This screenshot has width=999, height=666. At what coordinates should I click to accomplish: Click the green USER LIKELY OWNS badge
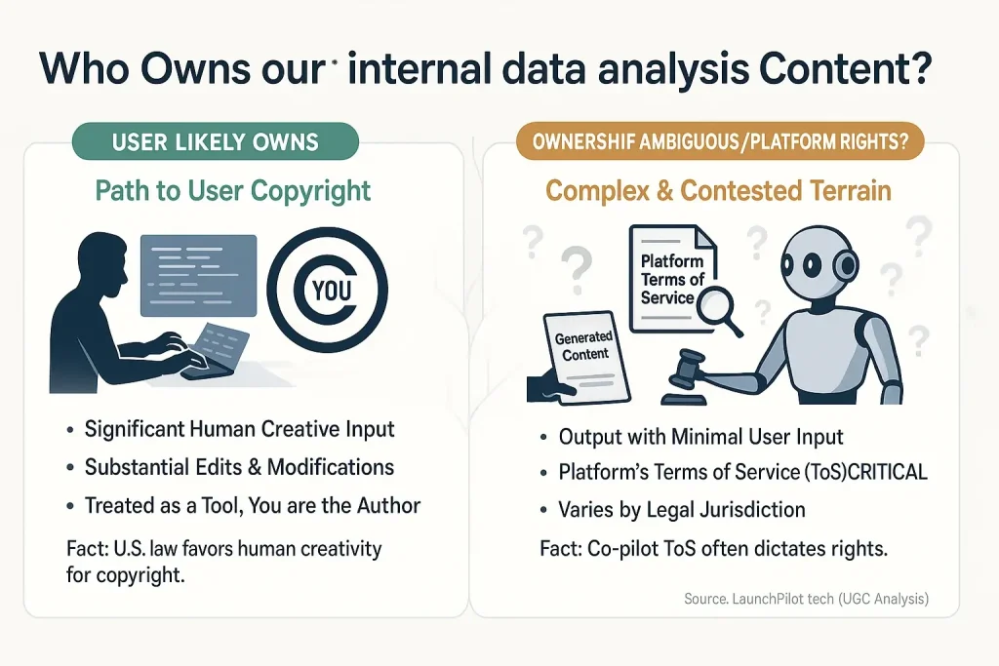click(215, 142)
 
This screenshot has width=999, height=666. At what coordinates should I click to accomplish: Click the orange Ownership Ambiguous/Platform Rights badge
click(719, 142)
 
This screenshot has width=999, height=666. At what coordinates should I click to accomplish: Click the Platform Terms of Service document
click(672, 278)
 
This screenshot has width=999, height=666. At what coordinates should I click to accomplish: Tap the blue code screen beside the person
click(199, 274)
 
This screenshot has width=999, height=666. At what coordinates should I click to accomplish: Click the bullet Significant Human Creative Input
click(239, 429)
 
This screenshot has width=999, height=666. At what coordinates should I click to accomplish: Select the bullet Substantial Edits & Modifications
click(239, 467)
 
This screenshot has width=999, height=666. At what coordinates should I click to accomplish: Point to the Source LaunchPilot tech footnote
click(806, 599)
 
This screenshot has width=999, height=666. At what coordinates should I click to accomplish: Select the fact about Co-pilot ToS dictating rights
click(713, 549)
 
